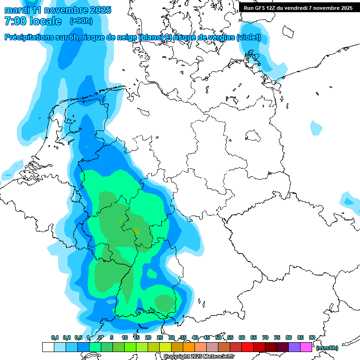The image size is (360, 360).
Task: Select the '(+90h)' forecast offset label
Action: click(81, 21)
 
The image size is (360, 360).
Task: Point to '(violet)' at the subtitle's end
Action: click(249, 37)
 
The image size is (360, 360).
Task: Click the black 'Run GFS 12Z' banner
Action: click(298, 7)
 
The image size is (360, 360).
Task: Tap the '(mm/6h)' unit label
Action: click(327, 348)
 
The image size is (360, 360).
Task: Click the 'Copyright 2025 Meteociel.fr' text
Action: click(199, 356)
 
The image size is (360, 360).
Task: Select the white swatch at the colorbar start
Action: click(48, 347)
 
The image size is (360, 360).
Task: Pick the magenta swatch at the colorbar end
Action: click(306, 347)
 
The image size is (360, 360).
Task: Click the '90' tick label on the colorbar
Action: click(312, 337)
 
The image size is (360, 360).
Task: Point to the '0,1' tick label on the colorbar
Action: click(55, 337)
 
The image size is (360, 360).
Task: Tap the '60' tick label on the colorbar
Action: click(242, 337)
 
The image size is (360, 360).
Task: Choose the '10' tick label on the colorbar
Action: click(125, 337)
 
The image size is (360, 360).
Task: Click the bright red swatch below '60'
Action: click(247, 347)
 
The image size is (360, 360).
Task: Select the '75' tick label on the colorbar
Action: click(277, 337)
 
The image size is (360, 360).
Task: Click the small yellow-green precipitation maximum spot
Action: click(136, 230)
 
